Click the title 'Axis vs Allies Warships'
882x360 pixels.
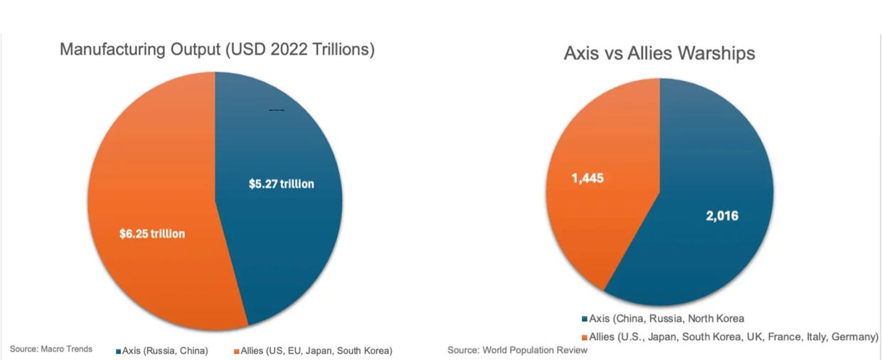659,53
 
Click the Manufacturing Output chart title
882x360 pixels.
218,50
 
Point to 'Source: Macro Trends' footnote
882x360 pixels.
51,349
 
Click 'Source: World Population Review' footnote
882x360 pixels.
517,350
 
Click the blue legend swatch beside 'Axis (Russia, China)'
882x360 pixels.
117,351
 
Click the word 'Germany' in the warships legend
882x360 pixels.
856,336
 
